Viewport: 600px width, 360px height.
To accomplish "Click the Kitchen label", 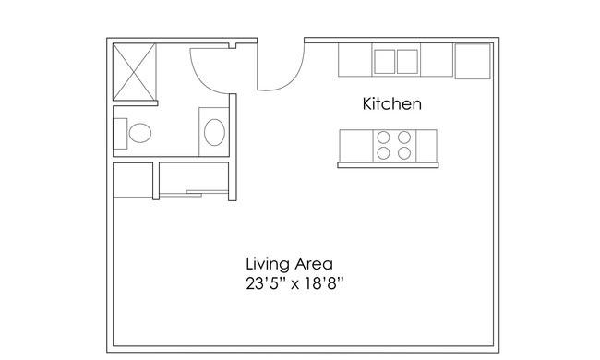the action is coord(391,103).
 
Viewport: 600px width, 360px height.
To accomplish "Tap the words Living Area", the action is coord(289,264).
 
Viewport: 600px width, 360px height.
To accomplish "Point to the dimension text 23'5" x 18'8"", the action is coord(294,284).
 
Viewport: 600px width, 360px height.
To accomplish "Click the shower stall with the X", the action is coord(135,72).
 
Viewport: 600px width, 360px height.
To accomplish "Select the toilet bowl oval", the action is coord(140,133).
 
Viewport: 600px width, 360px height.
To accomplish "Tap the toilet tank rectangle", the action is coord(120,134).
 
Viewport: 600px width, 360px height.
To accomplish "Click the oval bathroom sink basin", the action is coord(214,132).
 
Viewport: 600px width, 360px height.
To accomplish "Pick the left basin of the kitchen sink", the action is coord(385,61).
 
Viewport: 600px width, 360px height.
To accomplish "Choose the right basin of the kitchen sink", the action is coord(407,61).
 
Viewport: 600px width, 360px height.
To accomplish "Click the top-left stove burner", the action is coord(383,137).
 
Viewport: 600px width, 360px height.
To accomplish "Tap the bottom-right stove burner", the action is coord(404,153).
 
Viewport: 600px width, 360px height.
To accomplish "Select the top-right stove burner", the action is coord(404,137).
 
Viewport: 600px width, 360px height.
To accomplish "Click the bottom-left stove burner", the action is coord(383,153).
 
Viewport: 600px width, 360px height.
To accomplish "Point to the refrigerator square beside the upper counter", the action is coord(473,61).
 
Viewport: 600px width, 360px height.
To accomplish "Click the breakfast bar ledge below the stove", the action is coord(388,165).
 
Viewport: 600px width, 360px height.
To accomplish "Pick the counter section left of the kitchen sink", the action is coord(355,60).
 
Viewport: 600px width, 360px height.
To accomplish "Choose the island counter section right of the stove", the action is coord(426,146).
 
